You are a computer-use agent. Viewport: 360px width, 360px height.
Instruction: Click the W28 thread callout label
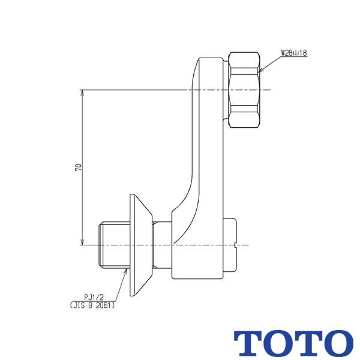pos(294,53)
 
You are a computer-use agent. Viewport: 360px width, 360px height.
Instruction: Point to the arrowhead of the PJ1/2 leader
pos(126,272)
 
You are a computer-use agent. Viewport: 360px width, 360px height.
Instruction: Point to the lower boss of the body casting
pos(198,246)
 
